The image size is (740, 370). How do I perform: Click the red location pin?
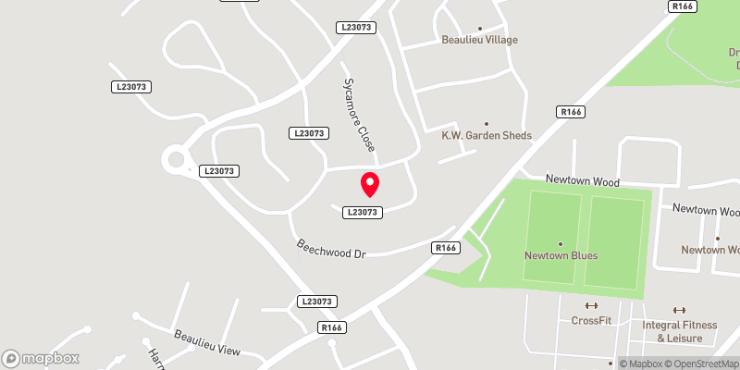[x=370, y=184]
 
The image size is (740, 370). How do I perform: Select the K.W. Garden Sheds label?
[x=487, y=135]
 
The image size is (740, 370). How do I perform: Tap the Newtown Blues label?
[x=561, y=255]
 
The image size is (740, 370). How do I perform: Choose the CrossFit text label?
[x=592, y=320]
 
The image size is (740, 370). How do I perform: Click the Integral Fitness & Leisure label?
[x=680, y=331]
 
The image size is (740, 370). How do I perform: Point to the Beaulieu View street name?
[x=208, y=342]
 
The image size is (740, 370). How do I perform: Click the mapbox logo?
[x=40, y=358]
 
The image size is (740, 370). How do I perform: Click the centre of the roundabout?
[x=176, y=160]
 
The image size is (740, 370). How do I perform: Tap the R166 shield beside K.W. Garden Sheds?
[x=570, y=112]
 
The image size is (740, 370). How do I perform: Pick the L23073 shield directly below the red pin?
[x=364, y=212]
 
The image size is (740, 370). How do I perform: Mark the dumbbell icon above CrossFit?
[x=592, y=306]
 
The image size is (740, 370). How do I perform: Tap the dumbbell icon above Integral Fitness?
[x=679, y=311]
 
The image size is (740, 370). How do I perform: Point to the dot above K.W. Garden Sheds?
[x=487, y=123]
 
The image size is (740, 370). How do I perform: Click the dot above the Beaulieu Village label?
[x=479, y=28]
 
